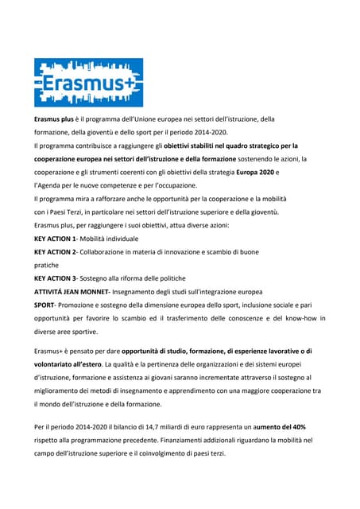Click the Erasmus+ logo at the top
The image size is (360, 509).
click(x=88, y=83)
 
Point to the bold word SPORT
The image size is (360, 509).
click(x=45, y=305)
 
